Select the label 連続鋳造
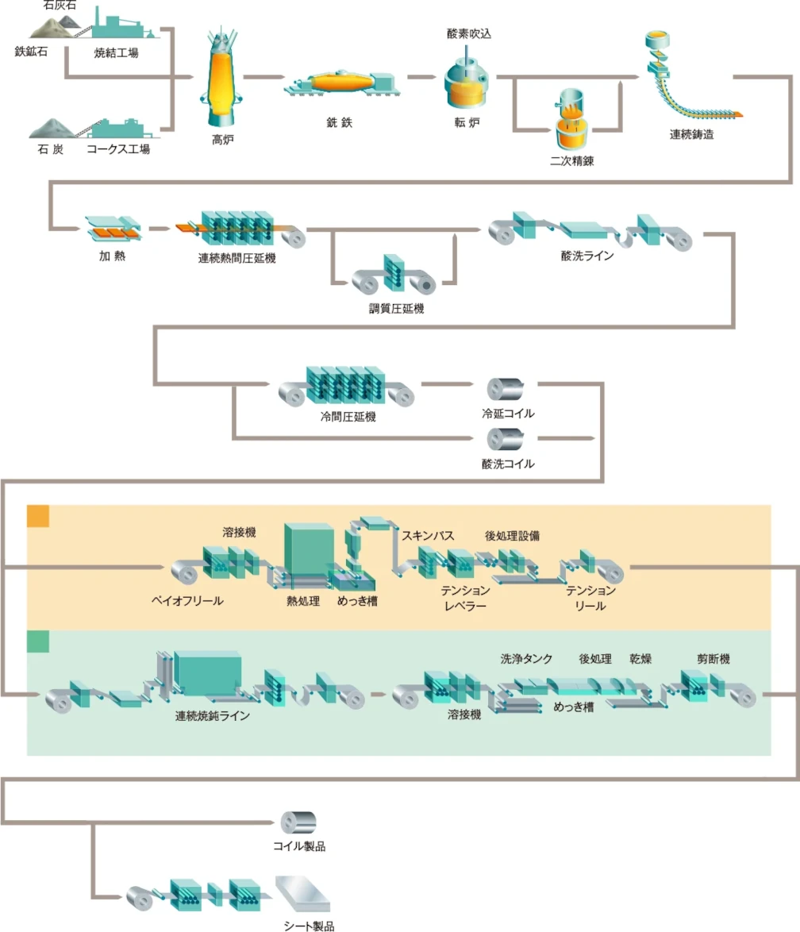tap(691, 134)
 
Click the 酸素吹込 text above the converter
tap(470, 33)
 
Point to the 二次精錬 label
tap(572, 161)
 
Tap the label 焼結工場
tap(111, 53)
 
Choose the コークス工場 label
tap(118, 148)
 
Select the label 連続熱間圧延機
tap(237, 258)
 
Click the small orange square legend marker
tap(38, 516)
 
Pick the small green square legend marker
tap(38, 641)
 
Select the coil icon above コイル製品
tap(298, 821)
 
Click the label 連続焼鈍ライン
tap(213, 715)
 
